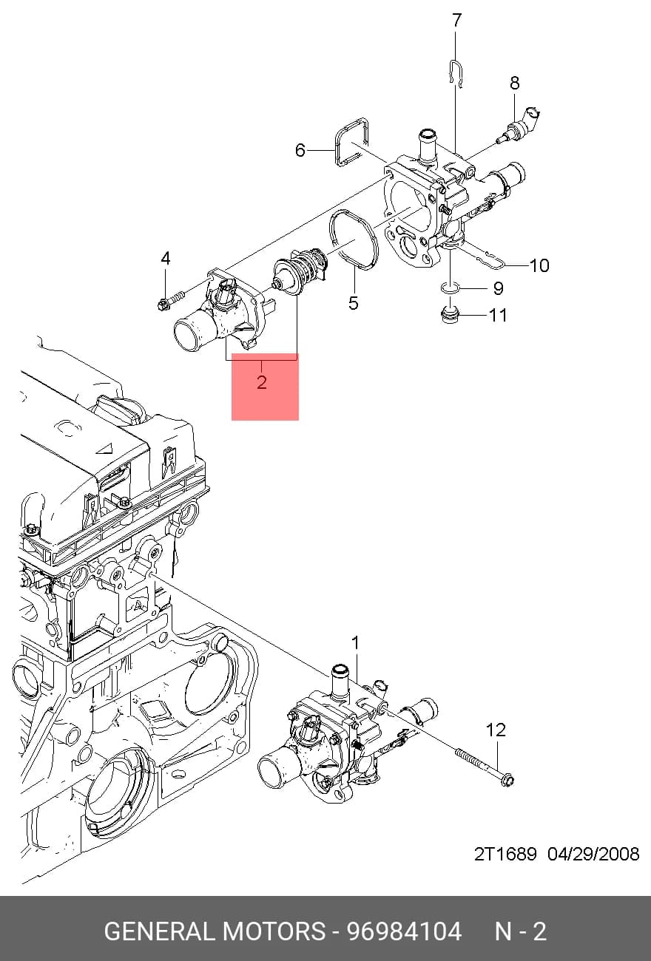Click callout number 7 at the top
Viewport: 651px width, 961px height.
click(457, 21)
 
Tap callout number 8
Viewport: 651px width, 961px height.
click(514, 83)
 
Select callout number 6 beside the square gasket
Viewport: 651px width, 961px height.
click(300, 150)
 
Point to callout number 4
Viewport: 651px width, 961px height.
click(165, 258)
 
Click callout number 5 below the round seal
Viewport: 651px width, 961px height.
click(353, 302)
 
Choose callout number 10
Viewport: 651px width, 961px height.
click(540, 265)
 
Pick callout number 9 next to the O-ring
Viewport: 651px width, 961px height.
click(498, 288)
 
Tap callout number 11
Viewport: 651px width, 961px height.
click(498, 316)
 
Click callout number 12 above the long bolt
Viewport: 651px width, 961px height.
click(496, 730)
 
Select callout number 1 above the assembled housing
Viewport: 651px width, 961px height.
click(355, 643)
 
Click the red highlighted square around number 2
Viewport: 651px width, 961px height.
click(265, 387)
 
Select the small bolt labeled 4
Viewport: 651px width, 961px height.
click(170, 300)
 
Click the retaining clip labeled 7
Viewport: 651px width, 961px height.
click(456, 74)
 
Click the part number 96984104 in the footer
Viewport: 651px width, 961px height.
click(404, 932)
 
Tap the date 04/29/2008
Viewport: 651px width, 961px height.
click(593, 854)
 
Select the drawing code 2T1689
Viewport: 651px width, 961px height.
click(505, 854)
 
